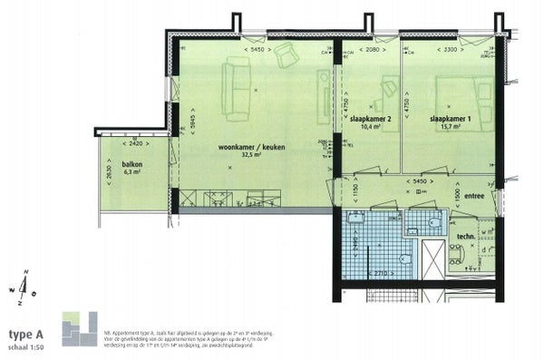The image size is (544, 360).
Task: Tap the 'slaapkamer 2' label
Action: point(370,120)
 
